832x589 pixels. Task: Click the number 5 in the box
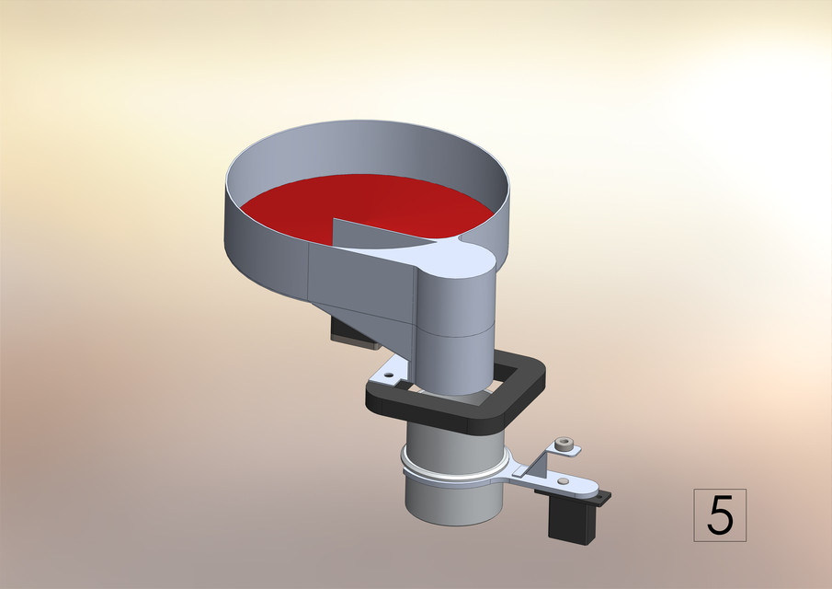point(719,515)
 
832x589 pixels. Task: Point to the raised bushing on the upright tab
point(564,447)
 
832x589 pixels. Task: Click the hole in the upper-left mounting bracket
point(389,375)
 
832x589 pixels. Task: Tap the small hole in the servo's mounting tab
point(602,499)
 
